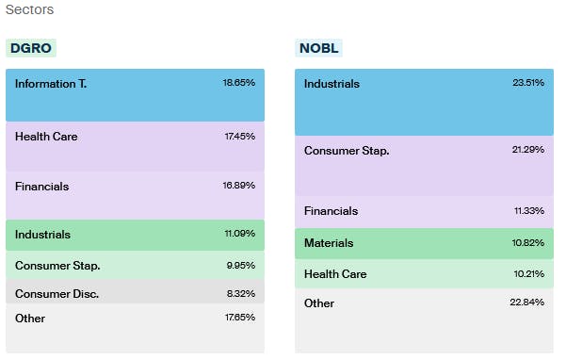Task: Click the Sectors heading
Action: tap(29, 10)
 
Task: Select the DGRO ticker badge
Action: tap(31, 48)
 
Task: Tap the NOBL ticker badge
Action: tap(319, 48)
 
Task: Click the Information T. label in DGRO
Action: tap(51, 84)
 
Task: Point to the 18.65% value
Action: tap(238, 84)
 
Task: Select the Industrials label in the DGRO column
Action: tap(42, 235)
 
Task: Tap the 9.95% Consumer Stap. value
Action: tap(240, 266)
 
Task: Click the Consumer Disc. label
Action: tap(57, 294)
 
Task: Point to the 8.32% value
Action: tap(240, 294)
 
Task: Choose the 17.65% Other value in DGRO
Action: tap(239, 319)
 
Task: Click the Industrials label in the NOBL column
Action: tap(332, 84)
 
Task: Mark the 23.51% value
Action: tap(527, 84)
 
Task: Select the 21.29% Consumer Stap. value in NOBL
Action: tap(527, 150)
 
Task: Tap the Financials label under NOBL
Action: tap(331, 211)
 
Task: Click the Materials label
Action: tap(329, 243)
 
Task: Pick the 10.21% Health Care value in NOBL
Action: tap(527, 274)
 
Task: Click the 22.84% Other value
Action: tap(527, 303)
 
